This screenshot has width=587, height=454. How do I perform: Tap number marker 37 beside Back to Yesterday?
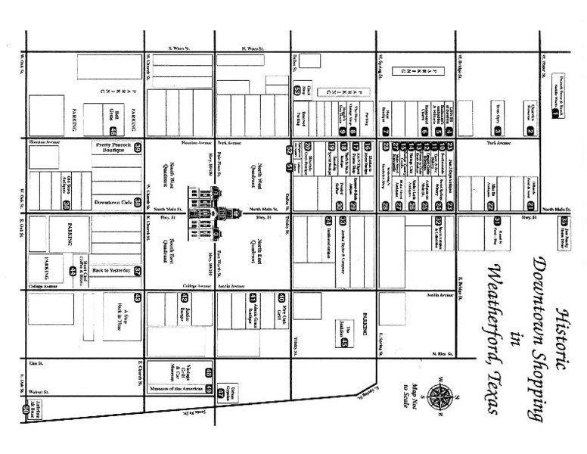(138, 270)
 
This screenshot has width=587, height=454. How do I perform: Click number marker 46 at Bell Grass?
(112, 110)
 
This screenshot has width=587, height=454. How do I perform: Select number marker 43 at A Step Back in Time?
(138, 297)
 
